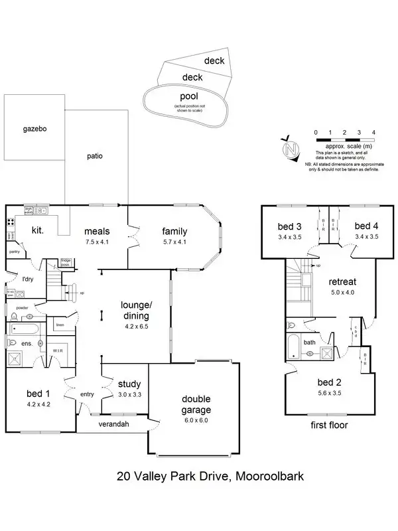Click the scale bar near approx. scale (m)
pos(345,141)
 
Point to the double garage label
pos(196,404)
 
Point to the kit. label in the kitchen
pos(36,230)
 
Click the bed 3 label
pos(289,226)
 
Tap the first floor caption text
pos(329,425)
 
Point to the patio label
pos(96,157)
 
